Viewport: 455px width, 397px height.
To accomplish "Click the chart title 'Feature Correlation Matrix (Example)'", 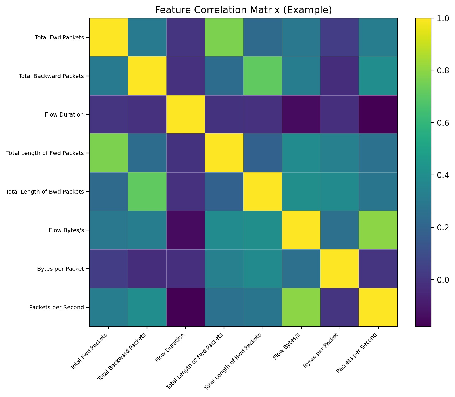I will pyautogui.click(x=243, y=10).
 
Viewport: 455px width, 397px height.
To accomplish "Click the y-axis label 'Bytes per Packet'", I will pyautogui.click(x=61, y=269).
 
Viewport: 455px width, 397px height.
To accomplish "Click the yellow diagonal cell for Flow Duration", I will pyautogui.click(x=186, y=114).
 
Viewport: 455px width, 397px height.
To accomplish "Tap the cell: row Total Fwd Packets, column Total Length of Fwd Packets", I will pyautogui.click(x=224, y=37).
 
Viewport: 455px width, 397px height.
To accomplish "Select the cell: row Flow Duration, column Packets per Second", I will pyautogui.click(x=378, y=114).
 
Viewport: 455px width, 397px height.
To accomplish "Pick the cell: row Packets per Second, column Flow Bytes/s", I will pyautogui.click(x=301, y=307).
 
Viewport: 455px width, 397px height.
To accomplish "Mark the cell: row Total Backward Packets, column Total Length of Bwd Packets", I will pyautogui.click(x=263, y=76).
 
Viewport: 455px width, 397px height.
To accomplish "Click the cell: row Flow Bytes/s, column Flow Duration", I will pyautogui.click(x=186, y=230).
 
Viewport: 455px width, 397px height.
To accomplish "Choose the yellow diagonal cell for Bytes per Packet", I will pyautogui.click(x=340, y=269).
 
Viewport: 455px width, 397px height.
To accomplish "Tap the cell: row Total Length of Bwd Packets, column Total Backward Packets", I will pyautogui.click(x=147, y=192).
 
